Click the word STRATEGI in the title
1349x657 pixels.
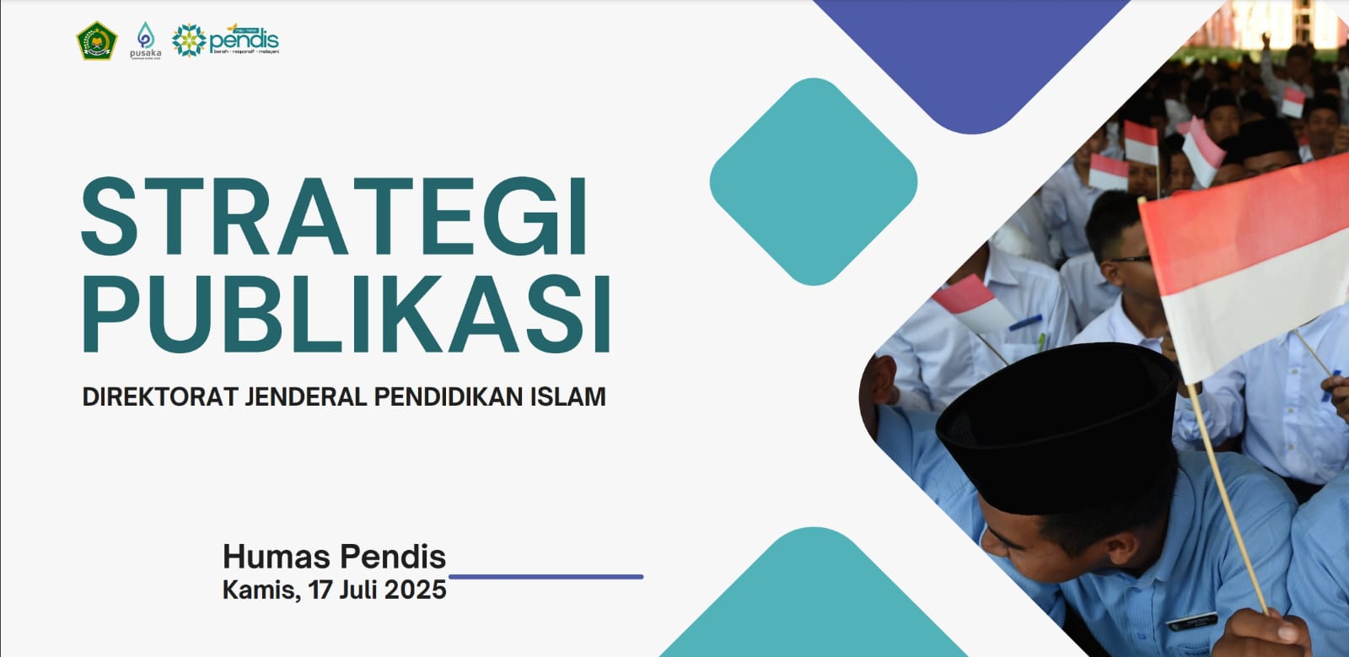(335, 217)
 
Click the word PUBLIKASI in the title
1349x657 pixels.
(346, 314)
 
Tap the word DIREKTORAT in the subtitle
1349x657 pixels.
(160, 396)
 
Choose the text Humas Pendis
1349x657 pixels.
(334, 557)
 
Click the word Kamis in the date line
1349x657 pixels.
(259, 590)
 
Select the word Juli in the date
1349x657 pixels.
(357, 590)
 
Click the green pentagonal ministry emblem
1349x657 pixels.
(97, 40)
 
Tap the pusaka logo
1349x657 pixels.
(145, 40)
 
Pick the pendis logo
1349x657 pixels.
(226, 40)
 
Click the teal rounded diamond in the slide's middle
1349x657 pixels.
(814, 181)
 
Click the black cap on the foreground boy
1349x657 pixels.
(1058, 422)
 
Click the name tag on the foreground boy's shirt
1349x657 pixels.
(1191, 621)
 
